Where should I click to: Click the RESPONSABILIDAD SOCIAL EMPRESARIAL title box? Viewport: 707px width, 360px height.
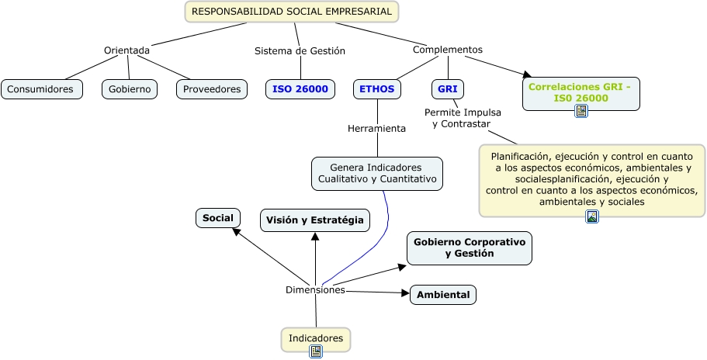click(292, 12)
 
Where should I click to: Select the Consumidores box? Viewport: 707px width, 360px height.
click(42, 89)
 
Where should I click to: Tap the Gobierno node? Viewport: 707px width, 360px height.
click(130, 89)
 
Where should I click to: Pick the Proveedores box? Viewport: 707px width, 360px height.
click(212, 89)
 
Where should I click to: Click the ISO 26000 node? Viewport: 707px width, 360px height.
click(300, 89)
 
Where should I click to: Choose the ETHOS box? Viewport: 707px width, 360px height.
click(378, 88)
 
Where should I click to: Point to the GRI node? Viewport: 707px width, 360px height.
click(447, 88)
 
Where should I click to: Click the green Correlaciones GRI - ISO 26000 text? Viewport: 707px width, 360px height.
click(580, 92)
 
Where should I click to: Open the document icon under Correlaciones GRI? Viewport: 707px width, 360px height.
click(581, 112)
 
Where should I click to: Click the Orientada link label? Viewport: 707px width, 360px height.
click(126, 50)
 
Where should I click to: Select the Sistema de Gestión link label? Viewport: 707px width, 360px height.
click(300, 50)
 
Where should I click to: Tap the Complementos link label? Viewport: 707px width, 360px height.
click(447, 50)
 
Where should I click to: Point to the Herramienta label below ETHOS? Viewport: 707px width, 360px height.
click(376, 129)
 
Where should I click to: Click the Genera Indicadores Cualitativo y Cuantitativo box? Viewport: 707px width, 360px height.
click(377, 173)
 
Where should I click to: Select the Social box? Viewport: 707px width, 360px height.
click(218, 218)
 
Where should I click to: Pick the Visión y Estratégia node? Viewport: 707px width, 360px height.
click(314, 220)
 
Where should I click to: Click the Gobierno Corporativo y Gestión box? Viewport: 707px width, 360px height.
click(469, 247)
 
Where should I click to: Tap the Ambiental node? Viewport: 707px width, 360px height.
click(443, 295)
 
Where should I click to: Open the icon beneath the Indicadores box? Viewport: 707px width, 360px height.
click(316, 351)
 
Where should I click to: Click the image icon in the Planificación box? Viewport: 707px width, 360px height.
click(592, 216)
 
